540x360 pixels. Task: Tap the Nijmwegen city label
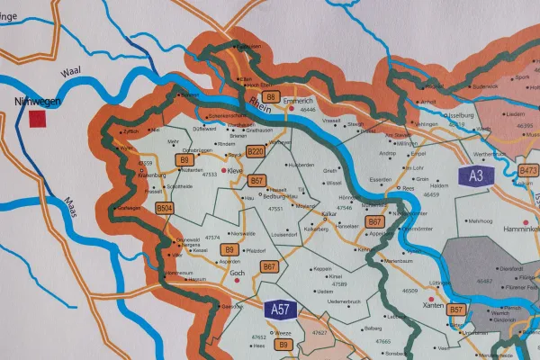coord(38,102)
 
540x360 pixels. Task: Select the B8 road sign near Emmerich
coord(270,96)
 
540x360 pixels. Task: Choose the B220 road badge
coord(256,152)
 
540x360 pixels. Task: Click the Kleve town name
coord(235,169)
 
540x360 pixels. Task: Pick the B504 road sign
coord(165,208)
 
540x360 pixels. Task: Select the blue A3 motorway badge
coord(476,177)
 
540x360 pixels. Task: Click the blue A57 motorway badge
coord(281,309)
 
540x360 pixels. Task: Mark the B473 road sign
coord(527,169)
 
